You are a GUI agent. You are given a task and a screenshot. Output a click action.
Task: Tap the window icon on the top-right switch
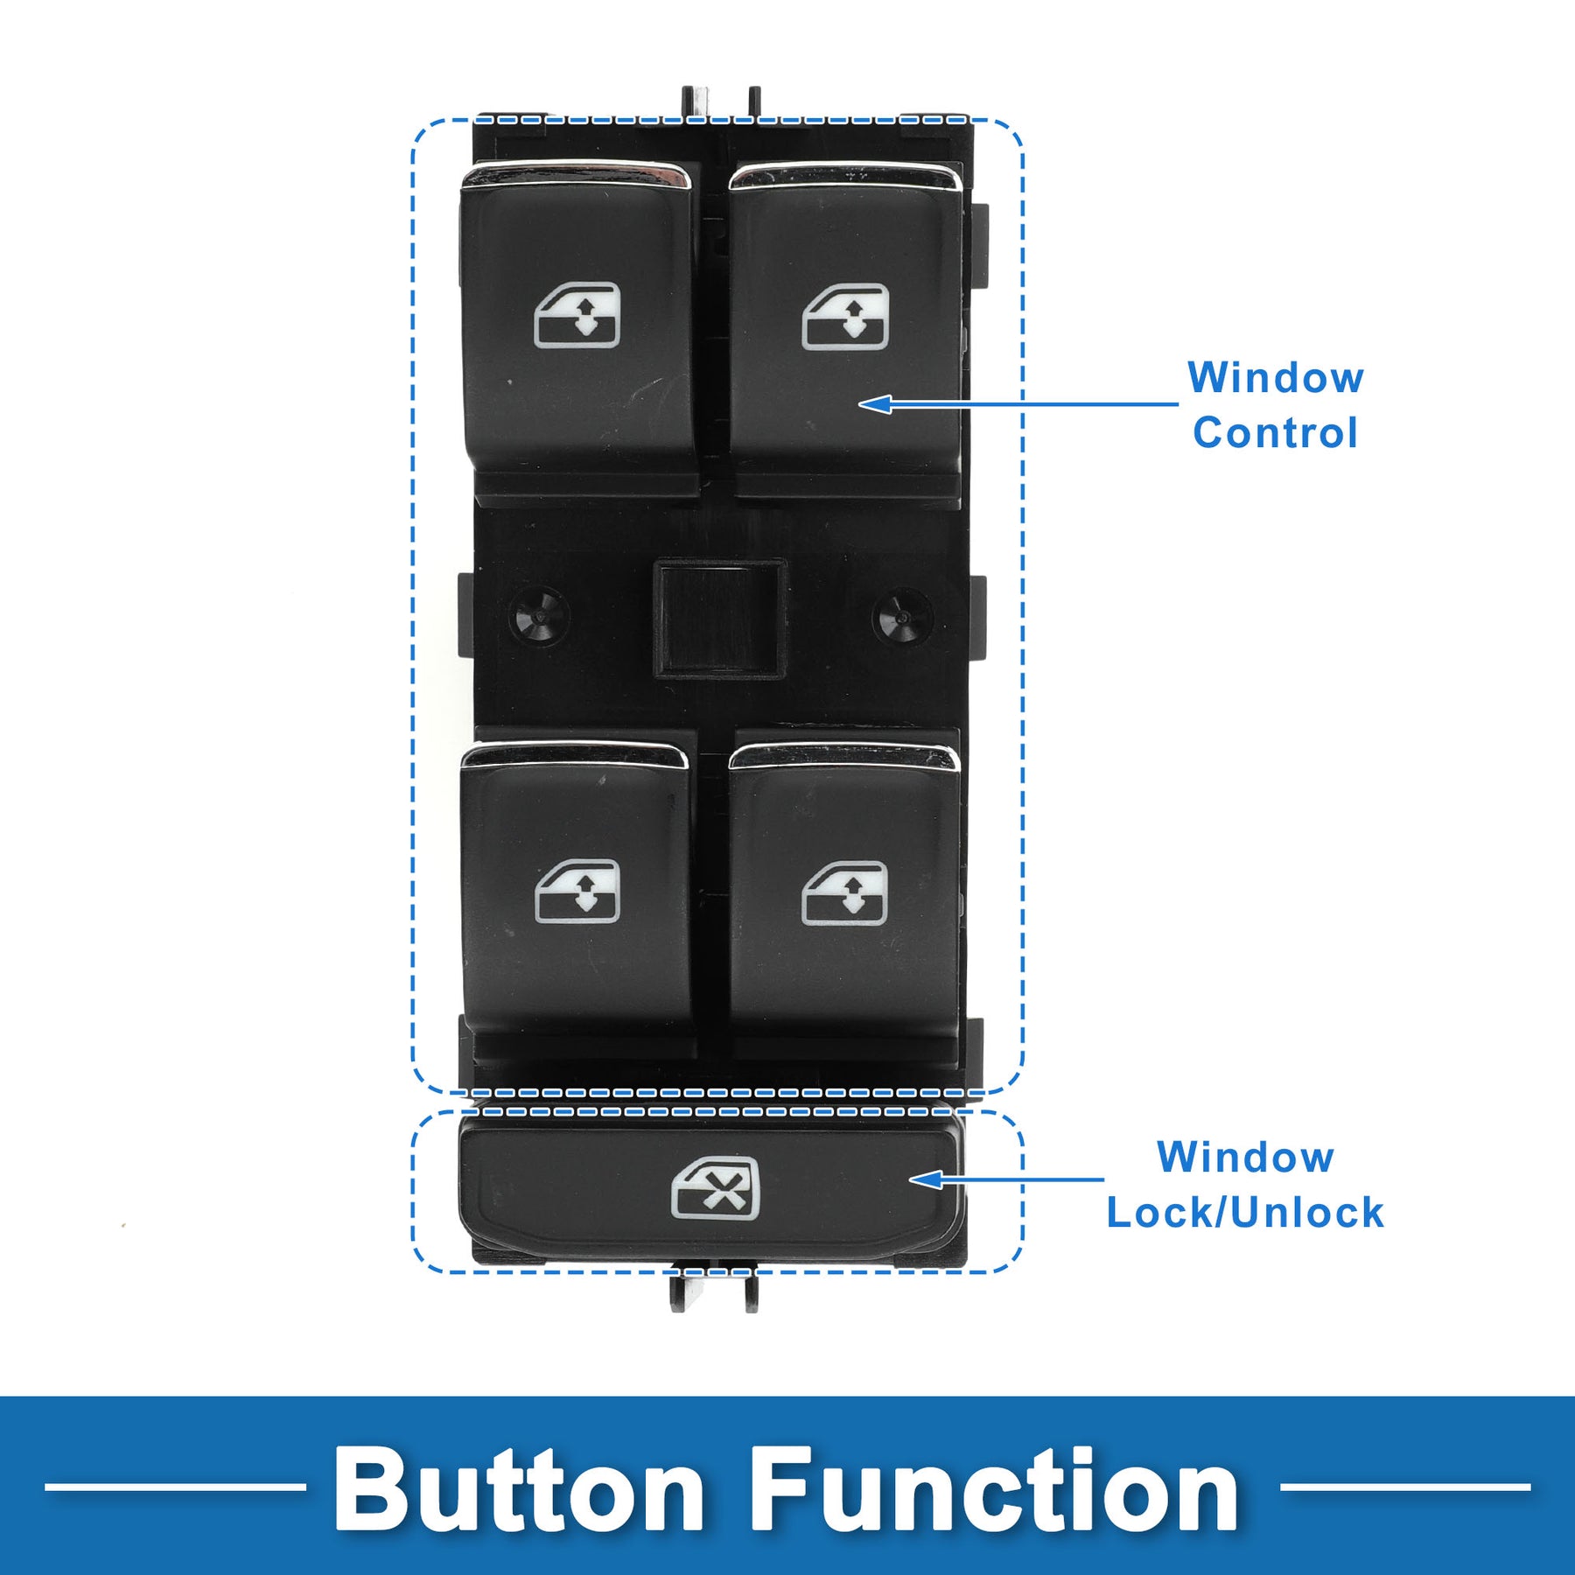(x=845, y=317)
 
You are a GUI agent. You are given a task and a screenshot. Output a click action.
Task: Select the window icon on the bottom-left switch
(x=577, y=892)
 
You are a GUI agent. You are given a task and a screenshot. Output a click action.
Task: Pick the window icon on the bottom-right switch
(x=845, y=892)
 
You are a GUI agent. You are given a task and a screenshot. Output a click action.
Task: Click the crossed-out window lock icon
(x=716, y=1188)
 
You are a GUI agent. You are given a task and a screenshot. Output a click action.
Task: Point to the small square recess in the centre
(x=719, y=619)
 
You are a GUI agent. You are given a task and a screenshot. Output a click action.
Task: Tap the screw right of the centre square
(x=901, y=616)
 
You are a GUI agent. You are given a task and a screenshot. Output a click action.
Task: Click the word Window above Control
(x=1276, y=378)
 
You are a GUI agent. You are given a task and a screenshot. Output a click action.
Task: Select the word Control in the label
(x=1275, y=433)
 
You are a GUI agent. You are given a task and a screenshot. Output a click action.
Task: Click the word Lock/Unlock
(x=1245, y=1213)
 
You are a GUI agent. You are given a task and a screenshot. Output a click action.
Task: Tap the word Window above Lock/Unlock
(x=1245, y=1158)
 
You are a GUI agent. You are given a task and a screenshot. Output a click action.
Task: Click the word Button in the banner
(x=519, y=1489)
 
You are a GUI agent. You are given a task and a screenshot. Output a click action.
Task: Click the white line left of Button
(x=175, y=1487)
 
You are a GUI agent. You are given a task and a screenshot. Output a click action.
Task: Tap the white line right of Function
(x=1405, y=1487)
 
